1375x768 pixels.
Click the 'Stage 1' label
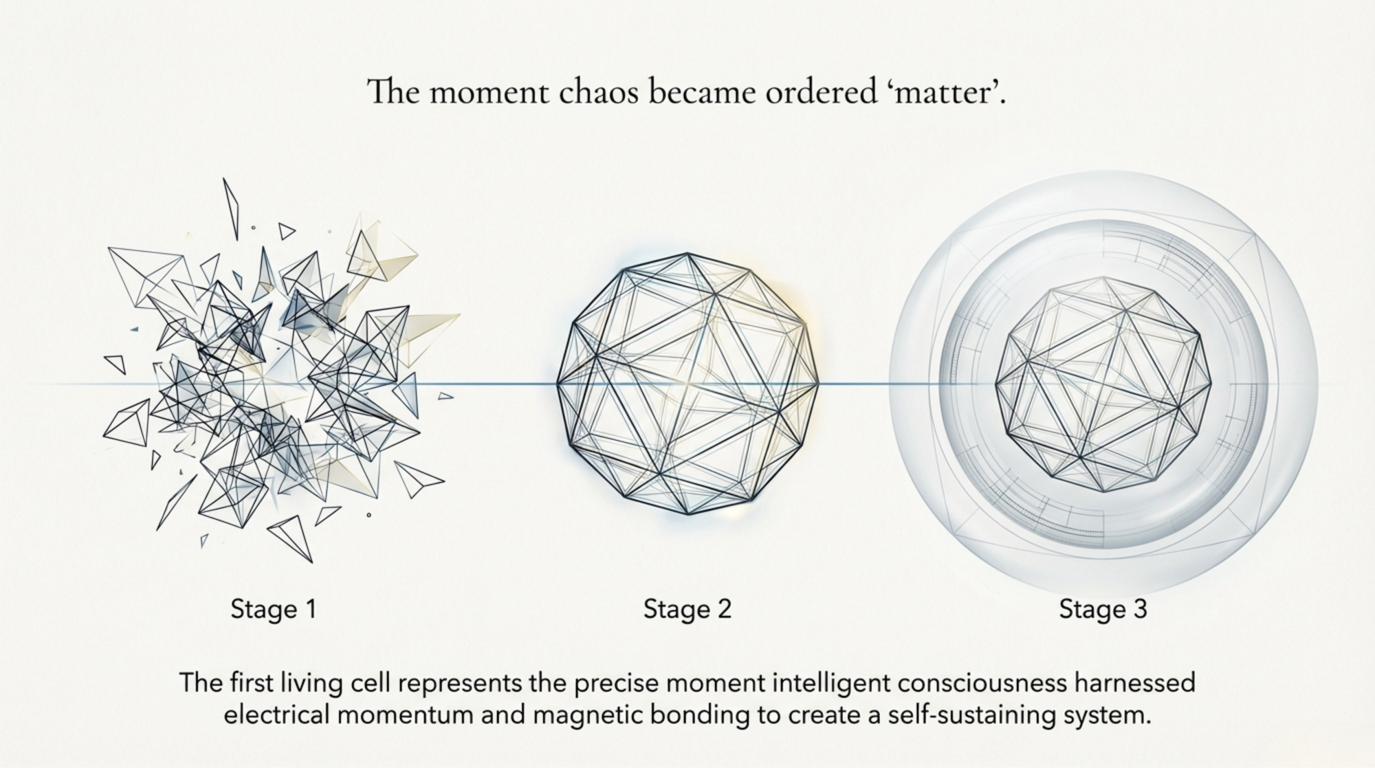tap(273, 609)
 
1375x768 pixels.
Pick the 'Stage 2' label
tap(687, 609)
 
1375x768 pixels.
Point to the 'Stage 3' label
tap(1103, 609)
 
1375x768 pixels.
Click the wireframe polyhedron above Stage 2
tap(687, 384)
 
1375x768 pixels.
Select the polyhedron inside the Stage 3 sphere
tap(1103, 384)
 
